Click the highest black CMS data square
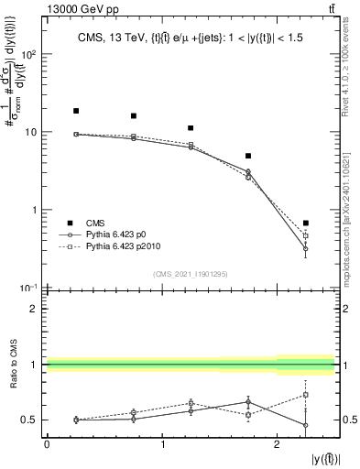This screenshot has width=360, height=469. [76, 111]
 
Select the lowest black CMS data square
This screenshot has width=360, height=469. [306, 223]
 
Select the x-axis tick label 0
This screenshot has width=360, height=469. [47, 444]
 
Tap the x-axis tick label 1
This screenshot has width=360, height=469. [162, 444]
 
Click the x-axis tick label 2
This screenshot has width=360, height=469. [278, 444]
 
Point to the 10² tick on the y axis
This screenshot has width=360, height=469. [29, 54]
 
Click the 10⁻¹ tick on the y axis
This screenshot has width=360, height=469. [29, 288]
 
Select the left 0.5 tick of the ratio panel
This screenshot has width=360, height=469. [30, 420]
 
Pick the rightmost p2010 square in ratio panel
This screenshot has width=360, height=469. [306, 395]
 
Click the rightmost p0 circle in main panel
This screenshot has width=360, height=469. [306, 248]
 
